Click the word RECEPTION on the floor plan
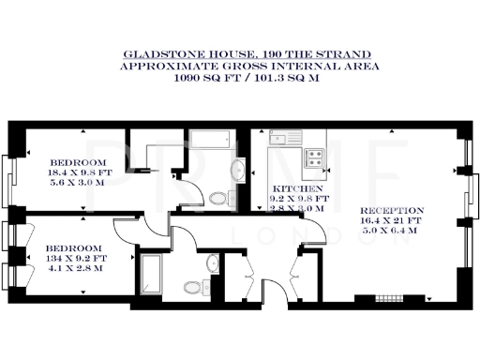tap(392, 210)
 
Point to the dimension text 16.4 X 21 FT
tap(392, 220)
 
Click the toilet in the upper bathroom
tap(220, 198)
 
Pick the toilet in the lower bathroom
tap(192, 287)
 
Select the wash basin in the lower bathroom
tap(216, 265)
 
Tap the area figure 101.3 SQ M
tap(278, 80)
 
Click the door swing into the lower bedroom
tap(185, 249)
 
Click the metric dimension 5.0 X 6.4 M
tap(392, 231)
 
